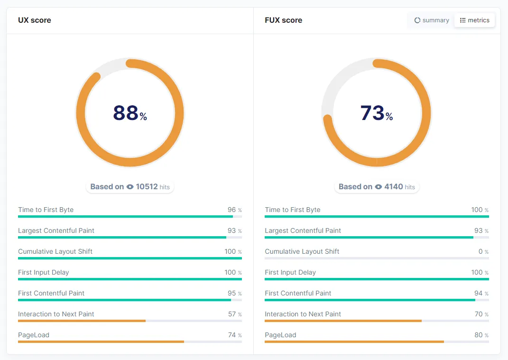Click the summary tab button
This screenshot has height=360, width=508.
(x=432, y=20)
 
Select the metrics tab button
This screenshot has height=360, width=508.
(x=475, y=20)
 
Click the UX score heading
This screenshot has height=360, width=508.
(x=35, y=20)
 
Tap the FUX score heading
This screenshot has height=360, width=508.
(x=283, y=20)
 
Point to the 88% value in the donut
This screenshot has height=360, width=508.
(x=129, y=113)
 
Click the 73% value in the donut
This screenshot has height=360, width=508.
(x=376, y=113)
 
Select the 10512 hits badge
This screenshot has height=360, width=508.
(x=130, y=187)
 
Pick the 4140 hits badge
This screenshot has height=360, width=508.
(x=377, y=187)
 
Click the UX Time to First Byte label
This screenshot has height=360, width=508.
(x=46, y=210)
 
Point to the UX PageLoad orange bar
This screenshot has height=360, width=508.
(x=101, y=342)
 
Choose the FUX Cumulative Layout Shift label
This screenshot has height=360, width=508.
(x=302, y=251)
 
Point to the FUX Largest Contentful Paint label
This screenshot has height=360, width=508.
(x=303, y=231)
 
